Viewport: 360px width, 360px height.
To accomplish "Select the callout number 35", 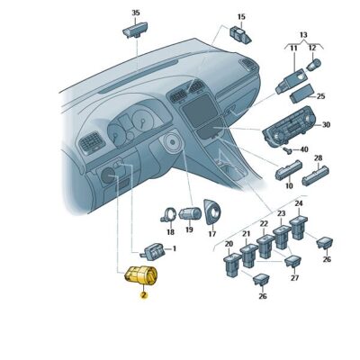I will point(136,13).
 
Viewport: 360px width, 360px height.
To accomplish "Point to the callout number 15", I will point(240,17).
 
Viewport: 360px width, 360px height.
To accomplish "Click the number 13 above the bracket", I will point(302,33).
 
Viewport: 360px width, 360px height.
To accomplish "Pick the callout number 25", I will point(321,96).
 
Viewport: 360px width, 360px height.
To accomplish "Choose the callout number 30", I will point(326,125).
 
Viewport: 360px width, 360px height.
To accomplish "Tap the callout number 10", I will point(288,186).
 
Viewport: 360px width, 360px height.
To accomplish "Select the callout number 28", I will point(317,158).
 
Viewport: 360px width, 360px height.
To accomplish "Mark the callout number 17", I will point(212,234).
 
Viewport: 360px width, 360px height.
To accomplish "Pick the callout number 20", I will point(229,244).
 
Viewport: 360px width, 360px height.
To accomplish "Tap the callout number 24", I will point(299,205).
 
